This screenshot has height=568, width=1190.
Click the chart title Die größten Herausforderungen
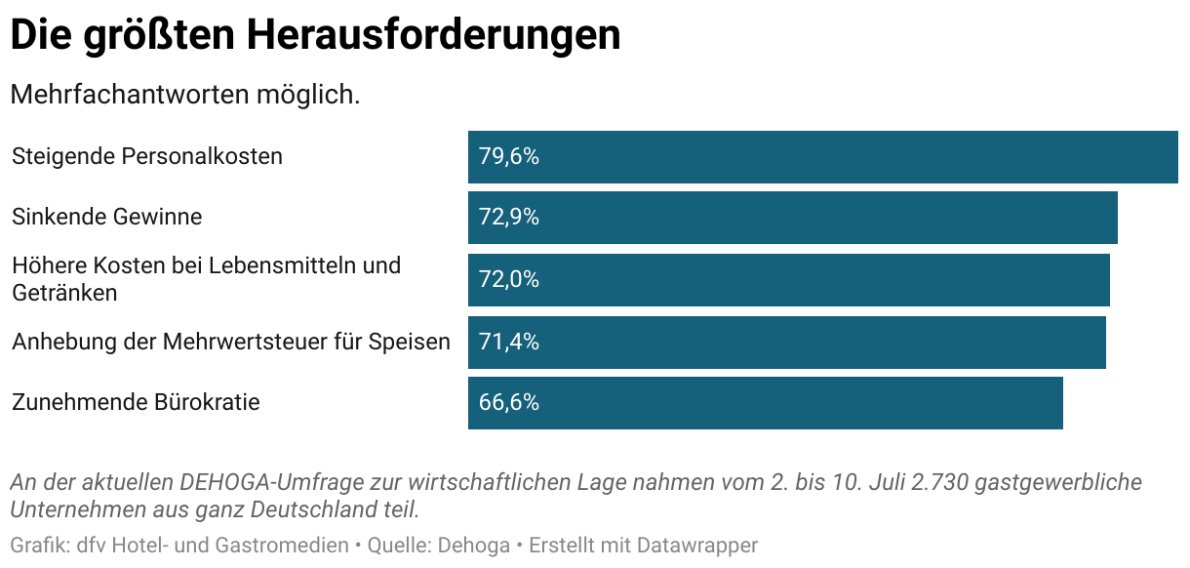click(315, 35)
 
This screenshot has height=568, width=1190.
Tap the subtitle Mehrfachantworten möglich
click(185, 96)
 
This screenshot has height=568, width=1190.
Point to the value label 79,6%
click(508, 157)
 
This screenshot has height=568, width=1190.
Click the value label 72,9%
click(508, 218)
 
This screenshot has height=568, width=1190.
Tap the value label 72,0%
click(508, 280)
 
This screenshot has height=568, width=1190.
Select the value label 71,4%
click(508, 343)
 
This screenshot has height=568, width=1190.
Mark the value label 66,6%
click(508, 403)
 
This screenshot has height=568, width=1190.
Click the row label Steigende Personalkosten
click(147, 156)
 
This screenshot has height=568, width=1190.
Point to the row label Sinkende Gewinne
click(107, 217)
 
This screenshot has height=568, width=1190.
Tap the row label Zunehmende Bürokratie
click(136, 402)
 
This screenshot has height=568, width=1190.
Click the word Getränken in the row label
click(64, 293)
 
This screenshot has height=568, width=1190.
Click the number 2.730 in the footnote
click(936, 483)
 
